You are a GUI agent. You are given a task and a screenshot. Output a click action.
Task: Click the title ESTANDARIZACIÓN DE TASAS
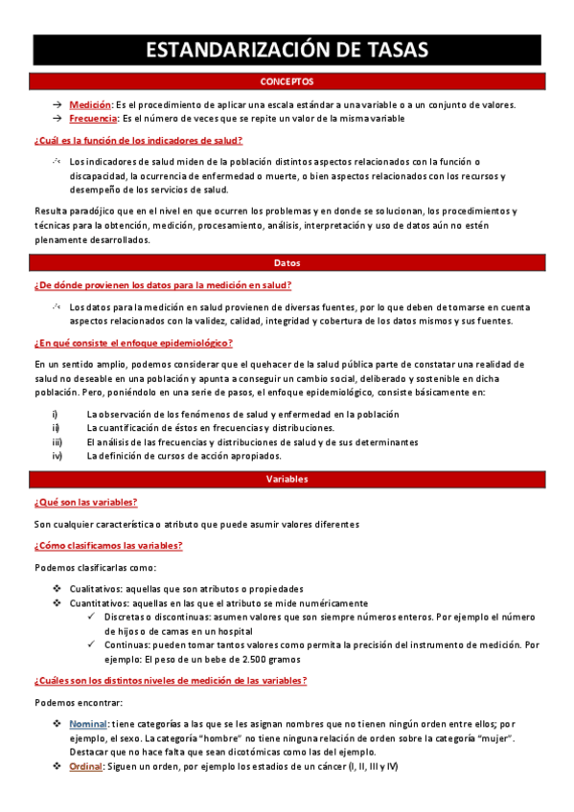click(x=287, y=51)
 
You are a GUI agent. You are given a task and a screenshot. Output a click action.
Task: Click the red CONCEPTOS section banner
click(x=287, y=82)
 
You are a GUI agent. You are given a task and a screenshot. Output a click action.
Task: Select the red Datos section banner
click(x=287, y=261)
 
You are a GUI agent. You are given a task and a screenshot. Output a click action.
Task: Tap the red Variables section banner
click(x=287, y=479)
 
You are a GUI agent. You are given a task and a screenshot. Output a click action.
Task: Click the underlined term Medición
click(x=90, y=104)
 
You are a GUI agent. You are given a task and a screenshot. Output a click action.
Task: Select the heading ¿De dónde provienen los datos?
click(x=163, y=284)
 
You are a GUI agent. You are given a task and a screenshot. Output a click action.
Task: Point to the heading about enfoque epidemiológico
click(x=133, y=343)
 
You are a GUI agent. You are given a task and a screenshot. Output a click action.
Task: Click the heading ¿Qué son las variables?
click(x=85, y=502)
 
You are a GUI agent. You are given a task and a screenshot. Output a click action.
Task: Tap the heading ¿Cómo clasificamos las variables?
click(x=108, y=545)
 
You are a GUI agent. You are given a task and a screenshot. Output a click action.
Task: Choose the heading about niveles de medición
click(x=171, y=680)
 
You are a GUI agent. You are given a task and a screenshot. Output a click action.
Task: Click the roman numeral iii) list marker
click(x=57, y=442)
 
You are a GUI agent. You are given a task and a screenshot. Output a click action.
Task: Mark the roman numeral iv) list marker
click(x=57, y=456)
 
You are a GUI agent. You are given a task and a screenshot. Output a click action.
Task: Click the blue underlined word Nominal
click(x=88, y=724)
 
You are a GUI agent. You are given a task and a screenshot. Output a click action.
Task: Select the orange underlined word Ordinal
click(x=87, y=767)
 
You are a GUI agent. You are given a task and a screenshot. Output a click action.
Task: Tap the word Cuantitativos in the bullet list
click(x=99, y=603)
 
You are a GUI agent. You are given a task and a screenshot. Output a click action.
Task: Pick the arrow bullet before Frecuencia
click(x=58, y=118)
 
